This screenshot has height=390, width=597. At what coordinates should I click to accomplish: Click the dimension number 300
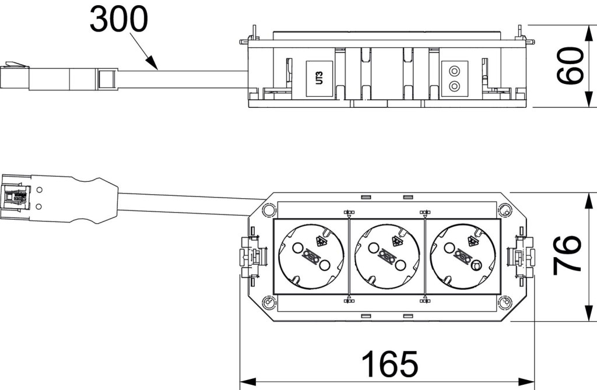pyautogui.click(x=119, y=20)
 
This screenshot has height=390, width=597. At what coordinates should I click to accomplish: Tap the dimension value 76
pyautogui.click(x=566, y=254)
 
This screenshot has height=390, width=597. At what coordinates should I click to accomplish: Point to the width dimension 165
pyautogui.click(x=390, y=364)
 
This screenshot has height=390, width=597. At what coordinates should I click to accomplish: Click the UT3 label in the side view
pyautogui.click(x=318, y=77)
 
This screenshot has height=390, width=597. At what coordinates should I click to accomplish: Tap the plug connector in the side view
pyautogui.click(x=58, y=78)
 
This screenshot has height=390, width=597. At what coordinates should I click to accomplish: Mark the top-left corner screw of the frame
pyautogui.click(x=268, y=209)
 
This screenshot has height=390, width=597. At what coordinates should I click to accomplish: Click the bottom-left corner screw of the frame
pyautogui.click(x=268, y=303)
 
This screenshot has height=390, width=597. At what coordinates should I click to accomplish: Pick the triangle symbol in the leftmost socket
pyautogui.click(x=319, y=240)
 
